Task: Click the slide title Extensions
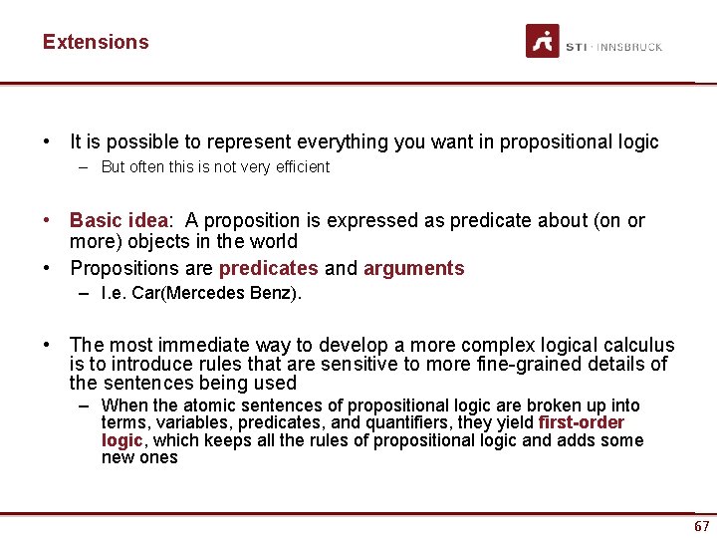pyautogui.click(x=96, y=42)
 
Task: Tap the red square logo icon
pyautogui.click(x=543, y=42)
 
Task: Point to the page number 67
pyautogui.click(x=702, y=526)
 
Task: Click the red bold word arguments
pyautogui.click(x=413, y=268)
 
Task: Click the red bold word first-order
pyautogui.click(x=581, y=422)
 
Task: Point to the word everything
pyautogui.click(x=339, y=141)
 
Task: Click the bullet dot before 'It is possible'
pyautogui.click(x=47, y=141)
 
